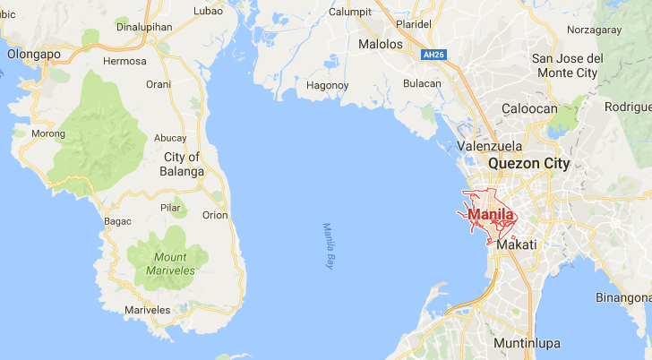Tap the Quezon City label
tap(528, 164)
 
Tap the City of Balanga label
tap(182, 164)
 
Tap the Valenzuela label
tap(489, 145)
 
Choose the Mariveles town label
tap(148, 310)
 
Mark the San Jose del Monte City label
tap(568, 65)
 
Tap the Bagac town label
tap(117, 221)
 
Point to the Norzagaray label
tap(595, 30)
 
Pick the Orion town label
tap(215, 215)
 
